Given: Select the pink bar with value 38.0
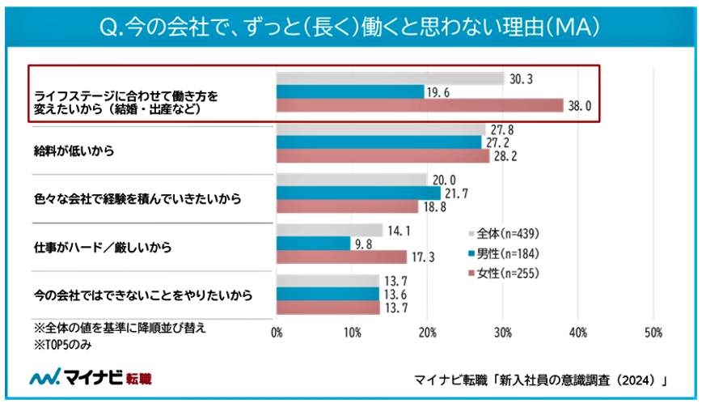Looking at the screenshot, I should [420, 106].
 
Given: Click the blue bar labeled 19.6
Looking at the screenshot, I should [350, 92].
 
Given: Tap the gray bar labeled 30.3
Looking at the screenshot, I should [390, 78].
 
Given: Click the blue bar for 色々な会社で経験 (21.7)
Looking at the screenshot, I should [358, 193].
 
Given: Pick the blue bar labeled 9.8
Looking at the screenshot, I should [313, 243].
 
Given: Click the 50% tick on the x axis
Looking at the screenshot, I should [653, 333].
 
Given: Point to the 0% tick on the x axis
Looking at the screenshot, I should [277, 333].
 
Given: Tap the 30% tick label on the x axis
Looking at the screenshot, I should [503, 333].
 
